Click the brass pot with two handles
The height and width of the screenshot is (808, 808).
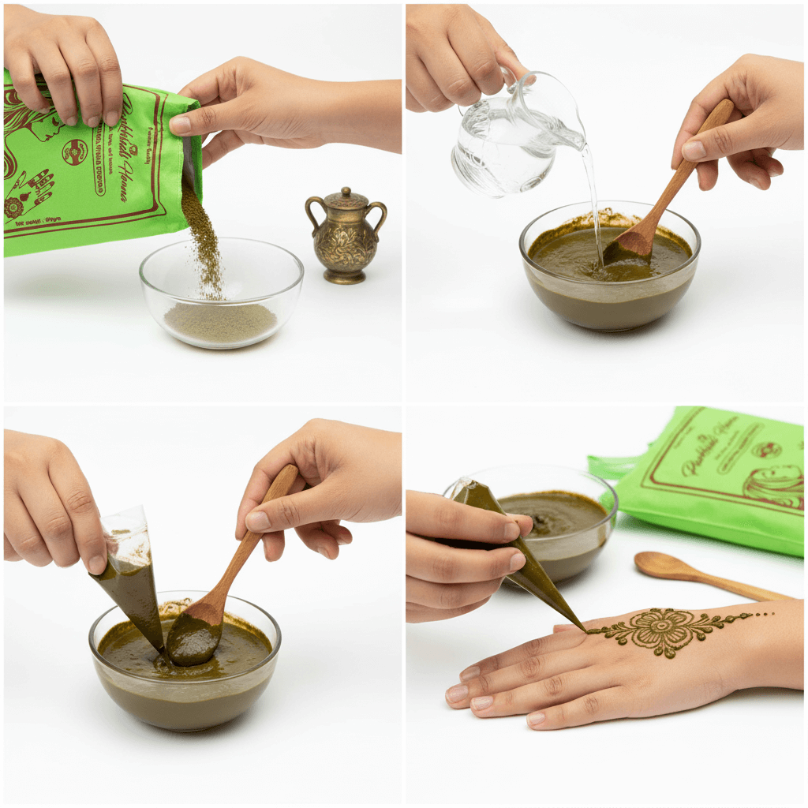pyautogui.click(x=346, y=241)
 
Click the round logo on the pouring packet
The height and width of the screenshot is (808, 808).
pyautogui.click(x=75, y=151)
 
